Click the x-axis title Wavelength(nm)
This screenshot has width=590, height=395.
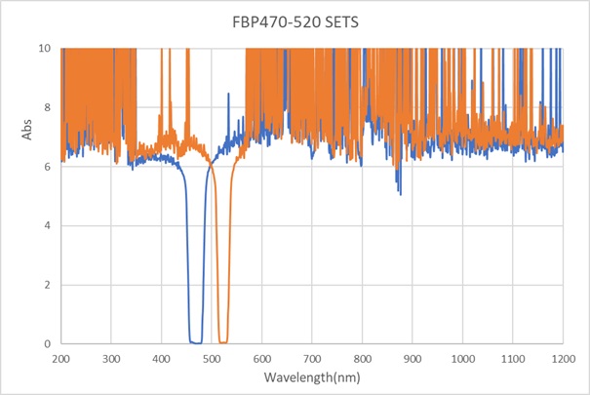tap(311, 375)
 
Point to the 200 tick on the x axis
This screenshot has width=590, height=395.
tap(60, 358)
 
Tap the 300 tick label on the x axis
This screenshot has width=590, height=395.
tap(111, 358)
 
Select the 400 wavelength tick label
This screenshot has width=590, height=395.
tap(161, 358)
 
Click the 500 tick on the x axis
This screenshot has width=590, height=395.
tap(212, 358)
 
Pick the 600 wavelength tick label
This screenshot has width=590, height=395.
tap(261, 358)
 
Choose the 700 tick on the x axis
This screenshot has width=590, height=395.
tap(312, 358)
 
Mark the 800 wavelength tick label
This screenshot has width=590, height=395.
tap(362, 358)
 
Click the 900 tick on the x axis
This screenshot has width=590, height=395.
tap(413, 358)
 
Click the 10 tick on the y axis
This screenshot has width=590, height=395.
tap(43, 48)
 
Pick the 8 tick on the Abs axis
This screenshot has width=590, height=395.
tap(46, 107)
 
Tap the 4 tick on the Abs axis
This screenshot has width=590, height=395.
tap(46, 225)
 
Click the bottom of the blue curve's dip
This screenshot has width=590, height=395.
tap(195, 342)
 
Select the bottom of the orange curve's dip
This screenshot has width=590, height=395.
tap(223, 342)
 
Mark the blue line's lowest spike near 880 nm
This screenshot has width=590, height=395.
tap(400, 193)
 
